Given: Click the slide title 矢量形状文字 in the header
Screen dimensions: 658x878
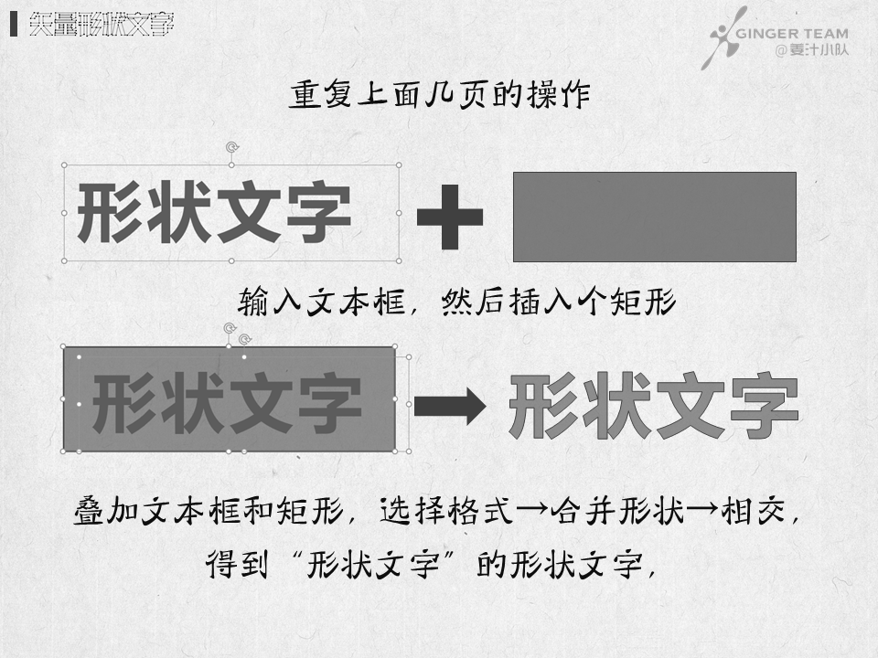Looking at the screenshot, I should click(101, 25).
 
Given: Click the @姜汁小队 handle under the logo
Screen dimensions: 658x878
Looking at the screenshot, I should click(811, 50).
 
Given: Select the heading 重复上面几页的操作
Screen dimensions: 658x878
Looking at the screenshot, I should click(440, 96).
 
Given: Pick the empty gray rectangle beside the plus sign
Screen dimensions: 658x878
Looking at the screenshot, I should click(654, 217).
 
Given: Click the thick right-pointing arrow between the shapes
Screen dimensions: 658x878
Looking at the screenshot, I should click(449, 406).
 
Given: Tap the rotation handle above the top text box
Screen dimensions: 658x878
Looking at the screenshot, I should click(231, 146).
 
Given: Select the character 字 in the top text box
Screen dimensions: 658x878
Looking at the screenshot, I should click(318, 213).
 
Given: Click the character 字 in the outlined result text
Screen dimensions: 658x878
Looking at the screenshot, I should click(764, 405).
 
